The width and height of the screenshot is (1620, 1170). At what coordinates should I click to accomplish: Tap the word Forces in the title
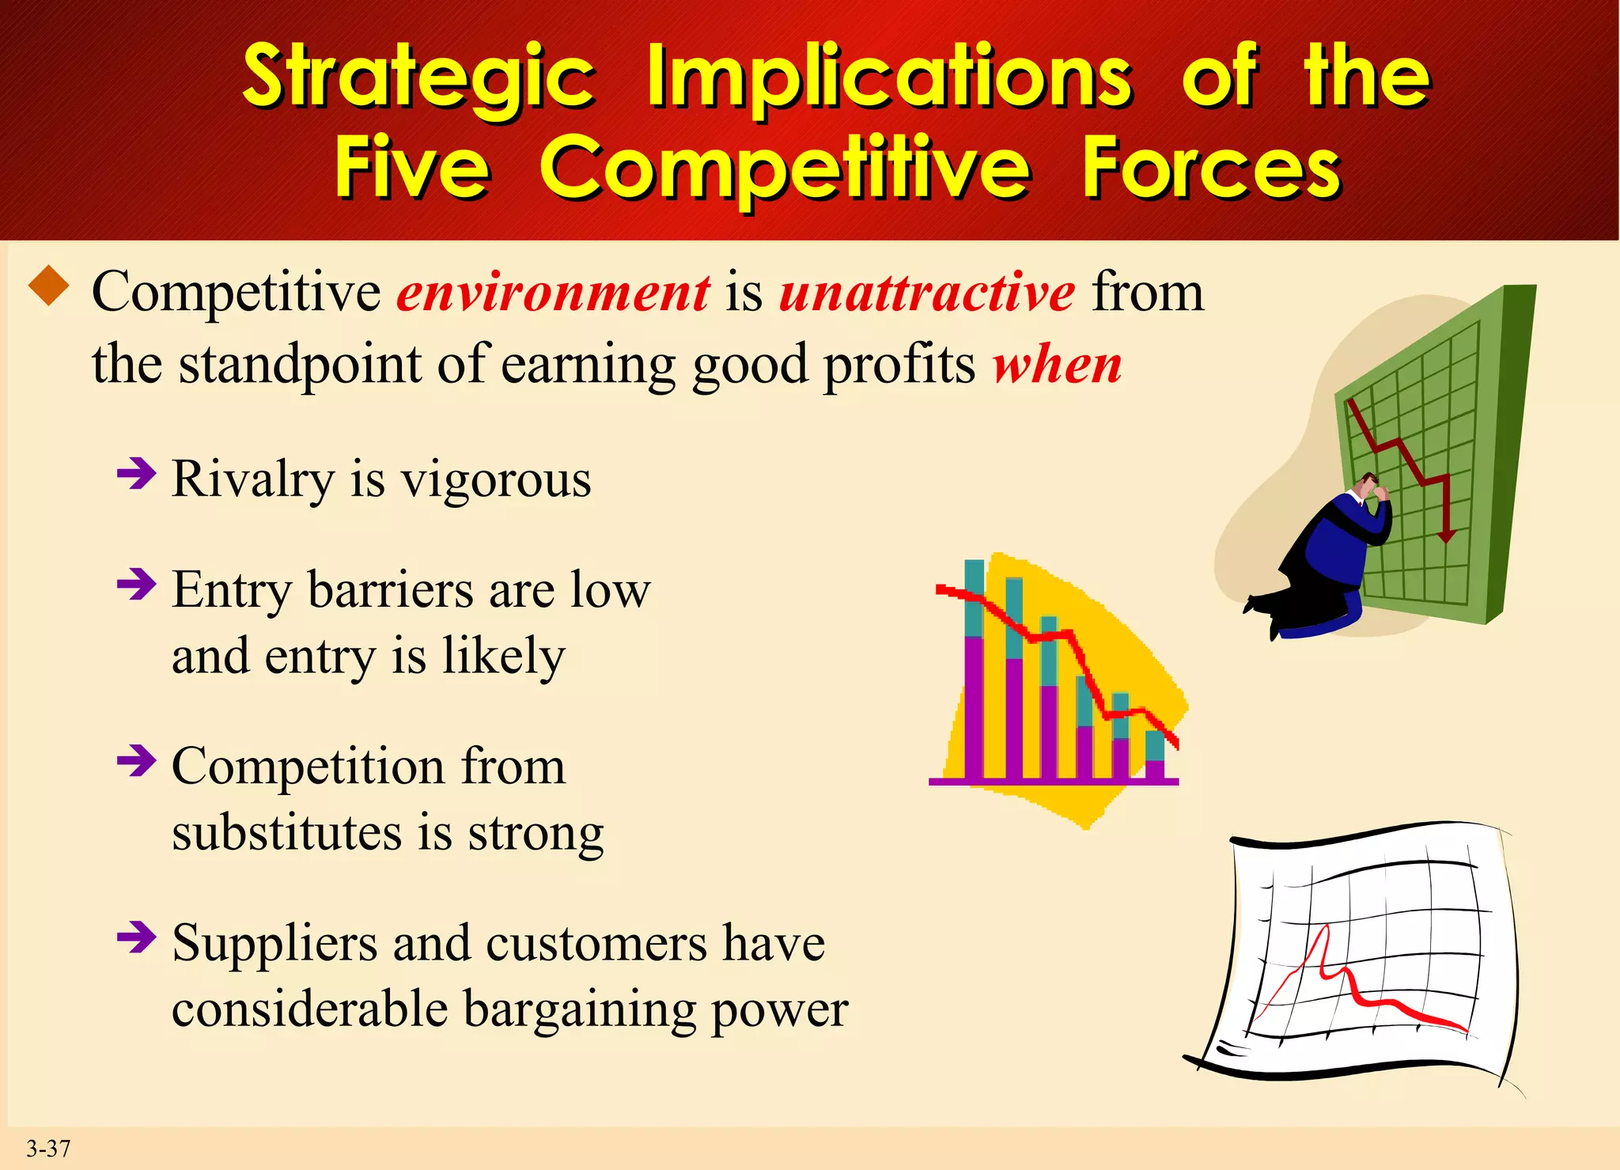[x=1212, y=168]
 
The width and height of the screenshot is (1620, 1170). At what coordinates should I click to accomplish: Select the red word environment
[x=553, y=293]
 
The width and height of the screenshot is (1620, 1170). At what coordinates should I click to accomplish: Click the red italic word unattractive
[x=927, y=293]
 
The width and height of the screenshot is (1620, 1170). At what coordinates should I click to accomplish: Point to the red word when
[x=1058, y=365]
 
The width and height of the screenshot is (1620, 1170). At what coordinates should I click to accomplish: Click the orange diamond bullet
[x=49, y=286]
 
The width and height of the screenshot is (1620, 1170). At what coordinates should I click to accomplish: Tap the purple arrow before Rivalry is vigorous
[x=136, y=474]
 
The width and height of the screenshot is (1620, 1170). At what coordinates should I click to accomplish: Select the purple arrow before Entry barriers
[x=136, y=585]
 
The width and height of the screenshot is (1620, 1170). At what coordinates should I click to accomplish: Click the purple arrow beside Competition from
[x=136, y=761]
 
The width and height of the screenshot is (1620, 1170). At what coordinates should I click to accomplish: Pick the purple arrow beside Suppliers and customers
[x=136, y=937]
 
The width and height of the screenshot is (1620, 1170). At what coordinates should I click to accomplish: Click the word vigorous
[x=496, y=480]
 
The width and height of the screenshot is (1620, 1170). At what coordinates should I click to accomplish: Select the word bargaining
[x=579, y=1010]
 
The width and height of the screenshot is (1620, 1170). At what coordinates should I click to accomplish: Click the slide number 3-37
[x=48, y=1148]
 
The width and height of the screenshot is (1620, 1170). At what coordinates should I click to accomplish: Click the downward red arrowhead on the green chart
[x=1447, y=536]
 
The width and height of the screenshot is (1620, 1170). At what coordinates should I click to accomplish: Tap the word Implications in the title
[x=889, y=78]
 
